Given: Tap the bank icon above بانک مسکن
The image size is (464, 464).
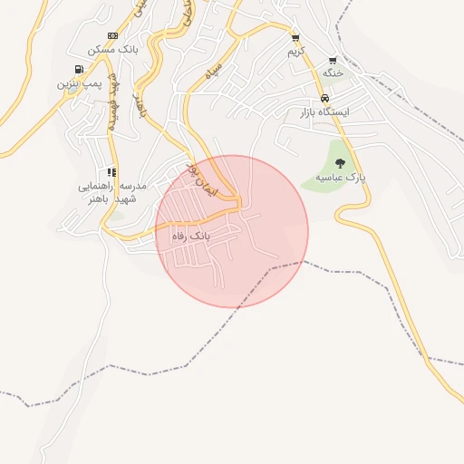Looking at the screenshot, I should click(112, 35).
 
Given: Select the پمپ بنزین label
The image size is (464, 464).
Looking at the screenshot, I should click(79, 83).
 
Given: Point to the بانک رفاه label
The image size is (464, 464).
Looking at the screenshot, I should click(190, 236).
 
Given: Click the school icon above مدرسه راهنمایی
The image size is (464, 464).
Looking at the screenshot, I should click(111, 171).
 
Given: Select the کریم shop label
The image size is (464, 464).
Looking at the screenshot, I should click(295, 52).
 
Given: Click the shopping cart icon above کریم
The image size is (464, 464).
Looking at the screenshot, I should click(295, 38).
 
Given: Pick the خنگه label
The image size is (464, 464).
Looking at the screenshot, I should click(332, 72).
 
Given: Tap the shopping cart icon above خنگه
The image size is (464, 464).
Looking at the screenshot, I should click(333, 60).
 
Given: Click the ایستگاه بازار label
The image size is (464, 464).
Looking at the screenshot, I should click(324, 111).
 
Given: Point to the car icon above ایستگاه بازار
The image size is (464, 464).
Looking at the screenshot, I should click(324, 98).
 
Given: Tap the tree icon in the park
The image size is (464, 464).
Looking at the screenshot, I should click(340, 163).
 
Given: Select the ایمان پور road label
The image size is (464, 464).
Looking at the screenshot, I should click(204, 182).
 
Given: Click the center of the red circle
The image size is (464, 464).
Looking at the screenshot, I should click(232, 231).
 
